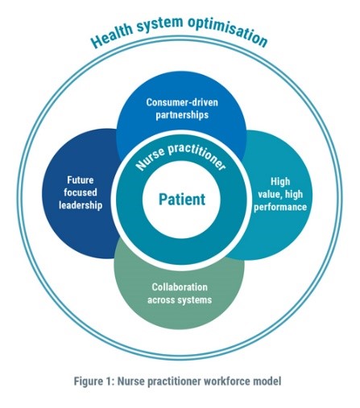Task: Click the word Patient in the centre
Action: pyautogui.click(x=182, y=200)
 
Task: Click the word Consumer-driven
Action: pyautogui.click(x=182, y=102)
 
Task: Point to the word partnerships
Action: pyautogui.click(x=182, y=115)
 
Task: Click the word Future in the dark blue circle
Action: pyautogui.click(x=81, y=180)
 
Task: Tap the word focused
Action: pyautogui.click(x=81, y=192)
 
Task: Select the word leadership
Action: pyautogui.click(x=81, y=205)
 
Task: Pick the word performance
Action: pyautogui.click(x=280, y=207)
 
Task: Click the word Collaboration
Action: pyautogui.click(x=180, y=287)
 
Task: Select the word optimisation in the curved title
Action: pyautogui.click(x=228, y=31)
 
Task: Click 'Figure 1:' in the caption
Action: pyautogui.click(x=94, y=381)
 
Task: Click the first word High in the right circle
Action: pyautogui.click(x=280, y=182)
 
